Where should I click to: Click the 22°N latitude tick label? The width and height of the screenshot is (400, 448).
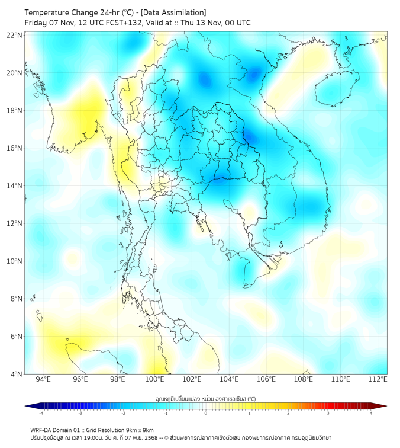pyautogui.click(x=15, y=35)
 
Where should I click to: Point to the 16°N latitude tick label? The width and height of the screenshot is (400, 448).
pyautogui.click(x=15, y=148)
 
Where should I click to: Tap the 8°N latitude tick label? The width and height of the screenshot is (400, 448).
pyautogui.click(x=17, y=299)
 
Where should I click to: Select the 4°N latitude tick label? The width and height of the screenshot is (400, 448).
pyautogui.click(x=17, y=374)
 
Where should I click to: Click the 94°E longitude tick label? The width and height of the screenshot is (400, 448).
pyautogui.click(x=43, y=380)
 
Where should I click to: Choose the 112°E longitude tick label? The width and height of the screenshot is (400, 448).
pyautogui.click(x=378, y=380)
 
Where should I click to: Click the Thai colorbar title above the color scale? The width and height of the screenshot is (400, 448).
pyautogui.click(x=205, y=398)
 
